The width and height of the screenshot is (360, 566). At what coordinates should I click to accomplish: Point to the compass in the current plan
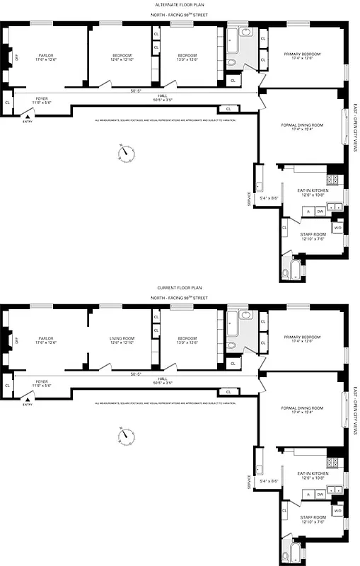pos(127,434)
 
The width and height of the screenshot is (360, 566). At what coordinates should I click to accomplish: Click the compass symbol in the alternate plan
pos(127,152)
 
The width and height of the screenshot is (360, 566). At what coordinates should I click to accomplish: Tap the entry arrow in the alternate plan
pos(28,116)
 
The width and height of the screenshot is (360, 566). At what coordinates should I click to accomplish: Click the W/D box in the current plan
pos(337,510)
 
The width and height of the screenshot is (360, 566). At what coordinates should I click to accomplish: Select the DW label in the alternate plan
pos(320,211)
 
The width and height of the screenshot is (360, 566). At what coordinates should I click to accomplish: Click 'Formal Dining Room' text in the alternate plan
pos(302,126)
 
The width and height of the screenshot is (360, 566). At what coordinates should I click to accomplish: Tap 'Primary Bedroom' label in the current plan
pos(302,339)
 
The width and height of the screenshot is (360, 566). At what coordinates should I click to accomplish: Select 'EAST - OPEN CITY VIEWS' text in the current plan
pos(354,412)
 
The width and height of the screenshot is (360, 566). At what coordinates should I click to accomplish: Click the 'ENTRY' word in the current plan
pos(28,404)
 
